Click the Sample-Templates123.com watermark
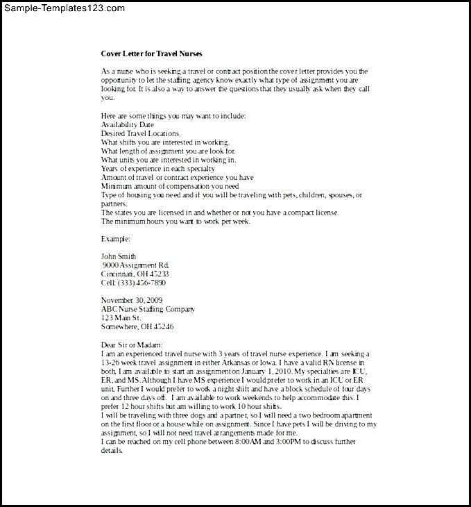pyautogui.click(x=63, y=8)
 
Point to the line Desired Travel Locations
pyautogui.click(x=139, y=133)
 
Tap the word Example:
pyautogui.click(x=115, y=238)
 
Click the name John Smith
pyautogui.click(x=119, y=256)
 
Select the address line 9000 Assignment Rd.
pyautogui.click(x=135, y=265)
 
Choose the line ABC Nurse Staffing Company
pyautogui.click(x=148, y=309)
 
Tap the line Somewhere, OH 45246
pyautogui.click(x=137, y=326)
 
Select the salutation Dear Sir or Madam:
pyautogui.click(x=132, y=344)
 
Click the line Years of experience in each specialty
pyautogui.click(x=158, y=168)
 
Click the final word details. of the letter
pyautogui.click(x=112, y=450)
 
